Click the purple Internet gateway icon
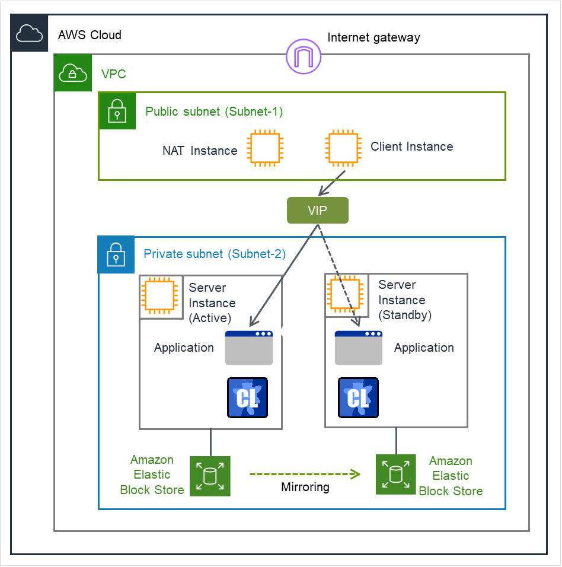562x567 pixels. tap(304, 57)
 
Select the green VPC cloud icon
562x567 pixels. tap(72, 73)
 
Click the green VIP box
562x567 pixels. tap(317, 210)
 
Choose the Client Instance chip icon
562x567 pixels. tap(343, 147)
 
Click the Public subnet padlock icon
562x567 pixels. tap(117, 111)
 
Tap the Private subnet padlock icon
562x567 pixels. tap(116, 255)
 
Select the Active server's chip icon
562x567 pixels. tap(161, 296)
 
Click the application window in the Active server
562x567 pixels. tap(249, 348)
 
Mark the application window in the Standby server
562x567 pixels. tap(359, 348)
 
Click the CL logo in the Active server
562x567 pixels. tap(248, 397)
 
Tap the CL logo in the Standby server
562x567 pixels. tap(358, 397)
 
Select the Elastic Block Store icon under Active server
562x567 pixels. tap(210, 476)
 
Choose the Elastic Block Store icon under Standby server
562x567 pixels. tap(396, 474)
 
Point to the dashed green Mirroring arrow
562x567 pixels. tap(304, 474)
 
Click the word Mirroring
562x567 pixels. tap(305, 487)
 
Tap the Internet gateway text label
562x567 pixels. tap(373, 38)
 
